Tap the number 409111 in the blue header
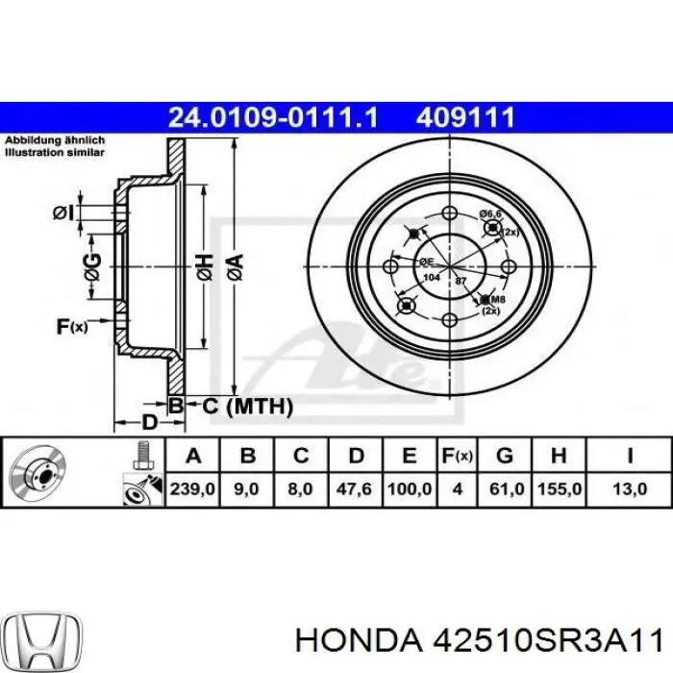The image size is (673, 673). click(x=466, y=118)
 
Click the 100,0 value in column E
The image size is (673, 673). click(x=409, y=489)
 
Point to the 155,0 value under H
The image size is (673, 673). click(x=560, y=489)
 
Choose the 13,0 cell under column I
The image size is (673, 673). click(x=630, y=489)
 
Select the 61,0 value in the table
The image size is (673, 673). click(x=507, y=489)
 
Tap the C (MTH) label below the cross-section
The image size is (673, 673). click(x=247, y=407)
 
